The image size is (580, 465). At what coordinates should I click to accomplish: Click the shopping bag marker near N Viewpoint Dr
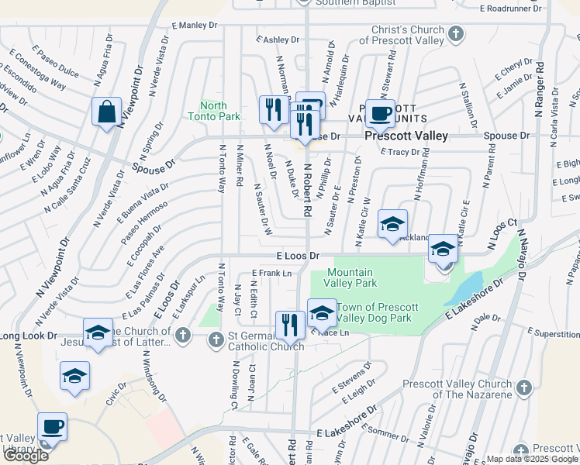click(x=106, y=112)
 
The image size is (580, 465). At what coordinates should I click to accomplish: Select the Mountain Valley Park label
click(x=349, y=277)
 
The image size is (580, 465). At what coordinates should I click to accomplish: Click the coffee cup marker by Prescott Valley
click(x=380, y=113)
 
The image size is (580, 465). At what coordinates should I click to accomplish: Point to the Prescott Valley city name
click(x=407, y=136)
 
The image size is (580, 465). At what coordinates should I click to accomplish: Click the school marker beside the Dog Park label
click(x=322, y=313)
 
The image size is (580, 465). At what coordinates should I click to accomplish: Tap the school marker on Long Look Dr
click(x=98, y=333)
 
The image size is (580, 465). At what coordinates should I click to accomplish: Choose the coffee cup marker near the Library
click(x=52, y=426)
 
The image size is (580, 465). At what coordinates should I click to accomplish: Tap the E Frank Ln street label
click(x=271, y=273)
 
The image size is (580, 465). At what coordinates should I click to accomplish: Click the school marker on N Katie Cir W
click(x=392, y=225)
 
